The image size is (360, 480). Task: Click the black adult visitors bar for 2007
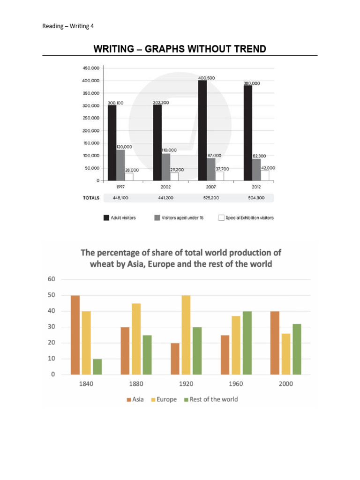pyautogui.click(x=202, y=130)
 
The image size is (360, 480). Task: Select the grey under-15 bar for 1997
pyautogui.click(x=120, y=165)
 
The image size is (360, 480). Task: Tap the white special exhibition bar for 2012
pyautogui.click(x=264, y=175)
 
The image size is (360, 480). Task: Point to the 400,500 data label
pyautogui.click(x=206, y=78)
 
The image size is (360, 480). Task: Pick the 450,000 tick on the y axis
pyautogui.click(x=91, y=68)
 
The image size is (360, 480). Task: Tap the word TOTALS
pyautogui.click(x=91, y=198)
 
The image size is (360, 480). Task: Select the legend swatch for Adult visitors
pyautogui.click(x=106, y=217)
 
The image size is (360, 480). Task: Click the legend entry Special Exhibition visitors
pyautogui.click(x=249, y=217)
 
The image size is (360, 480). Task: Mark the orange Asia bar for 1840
pyautogui.click(x=75, y=335)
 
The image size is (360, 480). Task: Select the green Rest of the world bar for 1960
pyautogui.click(x=248, y=343)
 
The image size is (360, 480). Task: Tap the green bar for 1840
pyautogui.click(x=97, y=367)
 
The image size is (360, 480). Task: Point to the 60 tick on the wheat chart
pyautogui.click(x=52, y=279)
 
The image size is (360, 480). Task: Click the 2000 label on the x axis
pyautogui.click(x=286, y=384)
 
